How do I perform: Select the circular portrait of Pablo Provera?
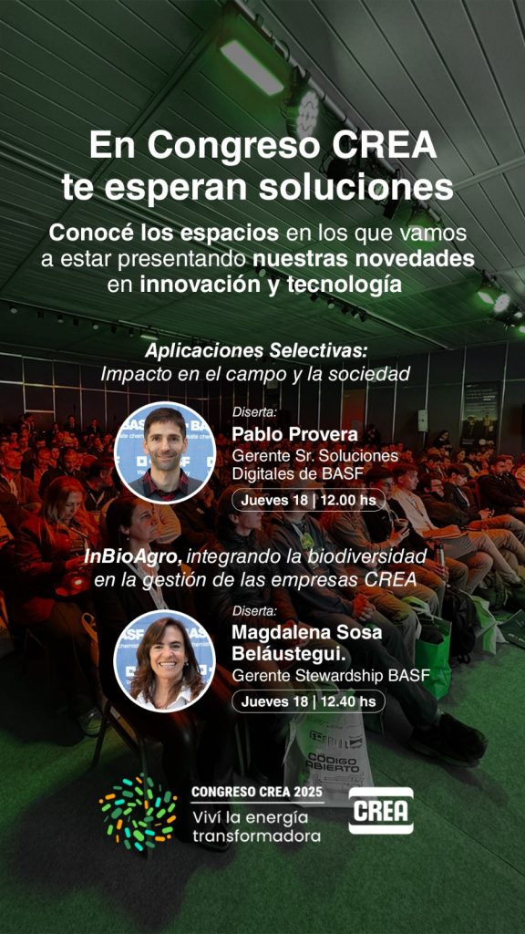pyautogui.click(x=165, y=452)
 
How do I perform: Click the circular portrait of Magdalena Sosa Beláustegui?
pyautogui.click(x=165, y=661)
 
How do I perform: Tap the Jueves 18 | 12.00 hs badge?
pyautogui.click(x=308, y=500)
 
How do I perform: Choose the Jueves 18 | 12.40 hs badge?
pyautogui.click(x=308, y=701)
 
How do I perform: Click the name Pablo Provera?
pyautogui.click(x=294, y=435)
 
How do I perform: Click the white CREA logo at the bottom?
pyautogui.click(x=381, y=810)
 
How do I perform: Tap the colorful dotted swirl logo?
pyautogui.click(x=139, y=811)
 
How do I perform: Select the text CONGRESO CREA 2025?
pyautogui.click(x=256, y=793)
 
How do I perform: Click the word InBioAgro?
pyautogui.click(x=133, y=557)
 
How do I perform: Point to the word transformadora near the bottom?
pyautogui.click(x=256, y=835)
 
